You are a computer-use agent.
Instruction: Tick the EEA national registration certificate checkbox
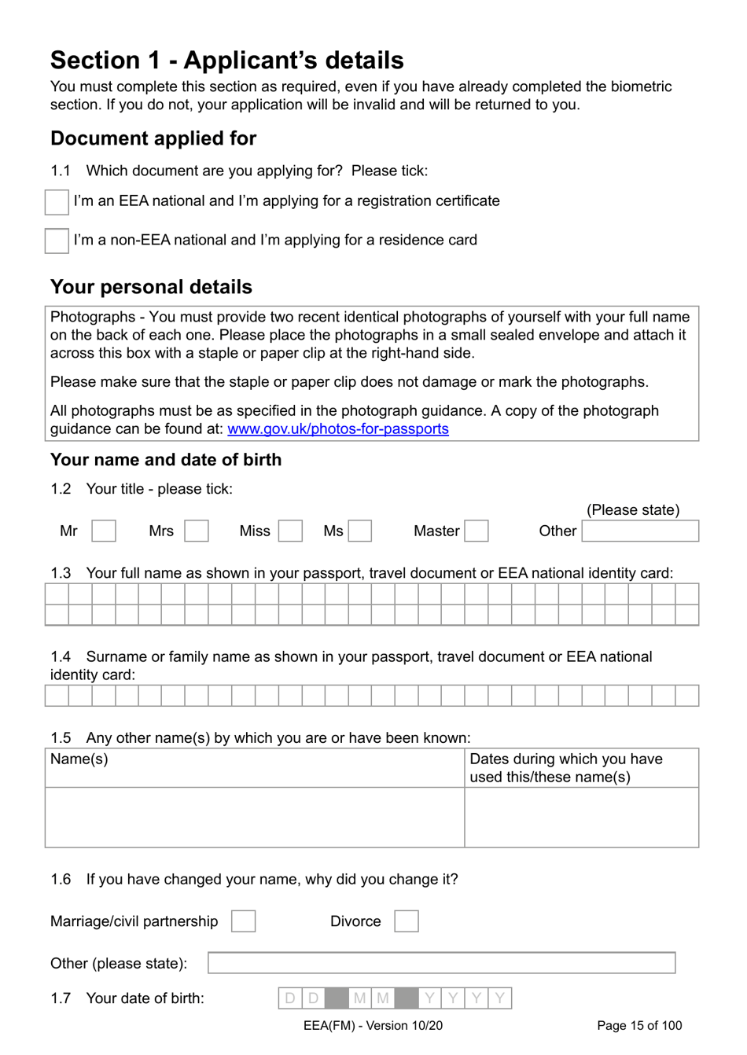pos(57,202)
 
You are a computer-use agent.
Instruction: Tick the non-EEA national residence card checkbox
pos(57,241)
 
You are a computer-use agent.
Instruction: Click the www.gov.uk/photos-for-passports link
pos(338,429)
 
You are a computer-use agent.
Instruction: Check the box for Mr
pos(104,531)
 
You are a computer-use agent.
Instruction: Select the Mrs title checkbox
pos(197,531)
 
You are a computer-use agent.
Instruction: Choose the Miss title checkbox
pos(290,531)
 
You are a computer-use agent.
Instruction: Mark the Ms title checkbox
pos(360,531)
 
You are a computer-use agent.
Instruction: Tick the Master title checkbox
pos(477,531)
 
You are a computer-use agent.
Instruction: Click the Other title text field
pos(640,531)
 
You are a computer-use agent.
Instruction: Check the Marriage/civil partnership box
pos(244,921)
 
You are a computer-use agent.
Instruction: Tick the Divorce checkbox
pos(407,921)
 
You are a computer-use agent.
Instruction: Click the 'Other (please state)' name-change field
pos(441,963)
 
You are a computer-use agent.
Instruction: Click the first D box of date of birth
pos(290,998)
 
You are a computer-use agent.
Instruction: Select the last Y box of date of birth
pos(500,998)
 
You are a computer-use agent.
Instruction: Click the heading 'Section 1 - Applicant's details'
pos(227,61)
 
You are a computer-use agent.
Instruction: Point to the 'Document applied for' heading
pos(153,138)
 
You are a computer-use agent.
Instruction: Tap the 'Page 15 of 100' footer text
pos(639,1026)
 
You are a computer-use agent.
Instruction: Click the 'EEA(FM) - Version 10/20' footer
pos(373,1026)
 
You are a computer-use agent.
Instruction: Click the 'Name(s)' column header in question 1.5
pos(79,759)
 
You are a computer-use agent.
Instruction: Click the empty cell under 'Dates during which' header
pos(581,818)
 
